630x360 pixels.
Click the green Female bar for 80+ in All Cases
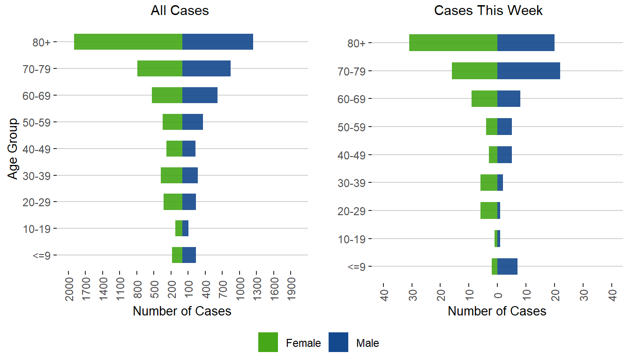coord(128,42)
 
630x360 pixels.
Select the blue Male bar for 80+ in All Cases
coord(217,42)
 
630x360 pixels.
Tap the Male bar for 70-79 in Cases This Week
coord(528,71)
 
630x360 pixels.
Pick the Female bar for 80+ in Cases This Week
coord(453,43)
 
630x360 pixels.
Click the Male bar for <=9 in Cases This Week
coord(507,266)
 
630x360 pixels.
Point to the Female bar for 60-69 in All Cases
coord(167,95)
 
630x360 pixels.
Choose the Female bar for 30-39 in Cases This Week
coord(488,182)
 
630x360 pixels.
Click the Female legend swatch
coord(268,342)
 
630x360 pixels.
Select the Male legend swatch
coord(338,342)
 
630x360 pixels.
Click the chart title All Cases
coord(180,11)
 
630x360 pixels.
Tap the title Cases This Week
coord(488,11)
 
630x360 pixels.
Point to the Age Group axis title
coord(13,149)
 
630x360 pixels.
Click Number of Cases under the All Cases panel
coord(182,311)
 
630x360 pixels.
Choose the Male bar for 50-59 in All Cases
coord(192,122)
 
